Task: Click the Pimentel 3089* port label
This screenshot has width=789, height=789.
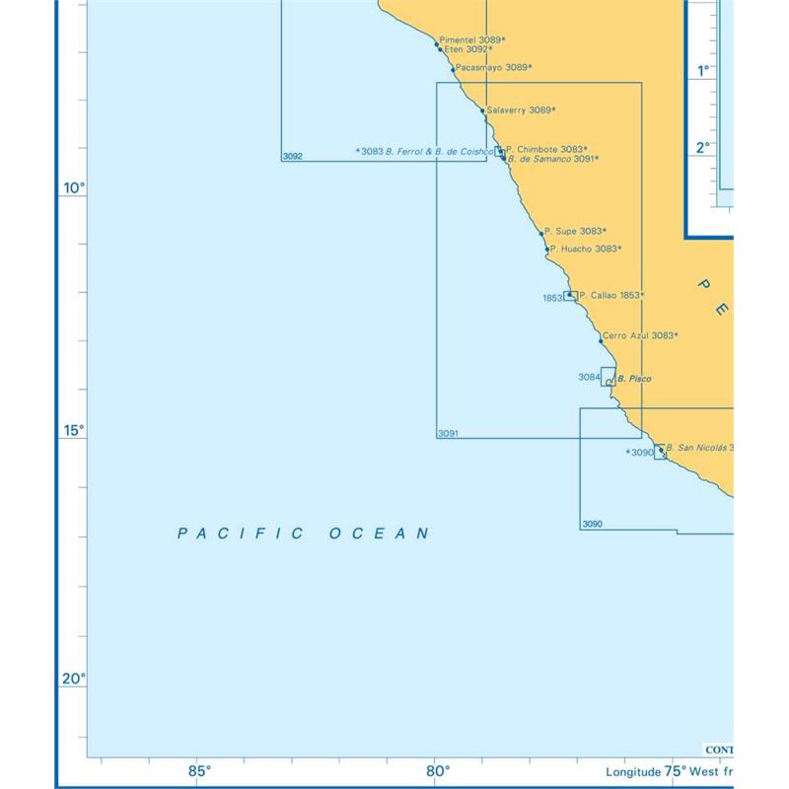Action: [x=471, y=39]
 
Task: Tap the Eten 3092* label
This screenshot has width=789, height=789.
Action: [x=467, y=49]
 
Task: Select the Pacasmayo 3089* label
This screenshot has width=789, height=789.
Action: [x=494, y=68]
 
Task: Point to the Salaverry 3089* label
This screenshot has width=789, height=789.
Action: [x=521, y=110]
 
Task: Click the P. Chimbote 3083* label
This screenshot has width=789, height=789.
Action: [x=546, y=149]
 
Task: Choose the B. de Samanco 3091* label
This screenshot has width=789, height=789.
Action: [x=552, y=159]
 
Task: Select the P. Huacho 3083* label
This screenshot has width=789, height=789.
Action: [x=586, y=249]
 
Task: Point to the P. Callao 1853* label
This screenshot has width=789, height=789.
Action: [x=611, y=295]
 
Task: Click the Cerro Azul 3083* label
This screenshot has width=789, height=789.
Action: [x=639, y=335]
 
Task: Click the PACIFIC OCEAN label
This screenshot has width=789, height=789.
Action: [x=304, y=534]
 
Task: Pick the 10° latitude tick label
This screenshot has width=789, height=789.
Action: [x=73, y=187]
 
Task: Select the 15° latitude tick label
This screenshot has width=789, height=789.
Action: [x=73, y=431]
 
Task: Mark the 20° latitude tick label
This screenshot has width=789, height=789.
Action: [x=73, y=679]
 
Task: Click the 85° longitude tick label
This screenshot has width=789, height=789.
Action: [x=199, y=771]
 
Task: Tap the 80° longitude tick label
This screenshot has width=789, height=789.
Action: [x=438, y=771]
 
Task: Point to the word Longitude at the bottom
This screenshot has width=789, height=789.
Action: [x=632, y=772]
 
